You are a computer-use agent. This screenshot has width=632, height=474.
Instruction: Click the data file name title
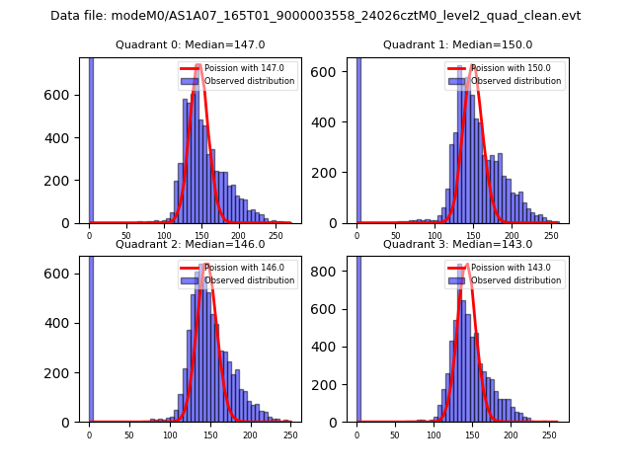click(x=316, y=16)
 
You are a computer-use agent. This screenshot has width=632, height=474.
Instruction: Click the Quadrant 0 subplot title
click(x=191, y=44)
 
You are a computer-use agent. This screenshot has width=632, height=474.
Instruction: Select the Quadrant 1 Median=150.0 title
click(x=457, y=44)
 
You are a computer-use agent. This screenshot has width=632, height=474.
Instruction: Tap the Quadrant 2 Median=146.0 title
click(x=191, y=244)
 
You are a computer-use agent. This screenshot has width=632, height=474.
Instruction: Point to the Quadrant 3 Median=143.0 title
click(x=457, y=244)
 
